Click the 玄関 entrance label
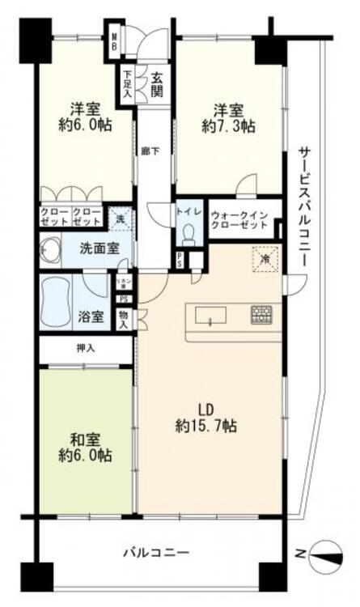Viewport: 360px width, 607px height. (x=156, y=83)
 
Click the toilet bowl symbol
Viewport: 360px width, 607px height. (x=189, y=235)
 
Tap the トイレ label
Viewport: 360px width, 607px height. (x=188, y=212)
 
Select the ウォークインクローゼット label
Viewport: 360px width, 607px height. (x=240, y=221)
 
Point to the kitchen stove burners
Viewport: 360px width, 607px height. (x=260, y=313)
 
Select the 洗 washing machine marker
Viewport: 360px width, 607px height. (x=120, y=217)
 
